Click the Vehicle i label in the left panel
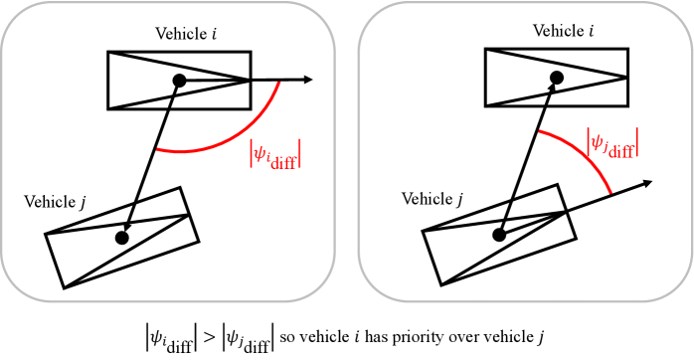(186, 34)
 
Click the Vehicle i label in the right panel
(563, 31)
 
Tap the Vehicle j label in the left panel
(55, 202)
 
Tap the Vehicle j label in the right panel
(432, 199)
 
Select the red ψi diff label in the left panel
(275, 154)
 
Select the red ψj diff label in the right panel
(612, 142)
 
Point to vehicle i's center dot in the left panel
(179, 81)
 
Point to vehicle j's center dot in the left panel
(122, 238)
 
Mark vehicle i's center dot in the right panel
(557, 78)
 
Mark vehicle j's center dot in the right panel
(499, 235)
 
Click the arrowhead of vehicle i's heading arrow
(308, 80)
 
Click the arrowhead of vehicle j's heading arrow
(647, 183)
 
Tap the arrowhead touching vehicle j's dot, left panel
(127, 226)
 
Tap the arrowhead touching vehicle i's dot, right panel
(552, 89)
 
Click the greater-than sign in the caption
(209, 338)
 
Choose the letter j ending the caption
(541, 338)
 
